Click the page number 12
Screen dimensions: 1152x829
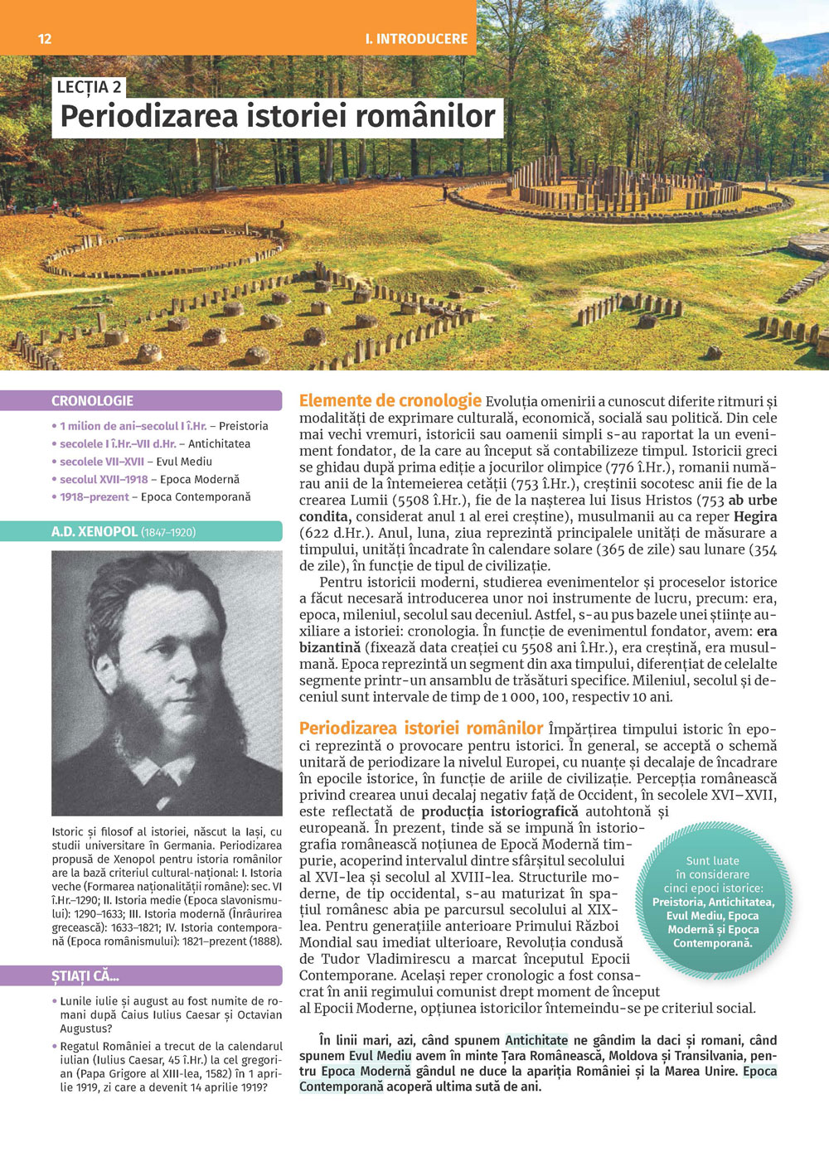pyautogui.click(x=45, y=39)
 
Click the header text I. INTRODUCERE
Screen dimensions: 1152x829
pyautogui.click(x=416, y=39)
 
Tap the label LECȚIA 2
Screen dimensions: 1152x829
pyautogui.click(x=90, y=87)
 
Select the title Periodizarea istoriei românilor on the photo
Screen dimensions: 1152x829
pyautogui.click(x=278, y=117)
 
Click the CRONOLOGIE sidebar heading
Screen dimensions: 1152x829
pyautogui.click(x=92, y=401)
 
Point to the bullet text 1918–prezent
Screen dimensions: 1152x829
pyautogui.click(x=94, y=497)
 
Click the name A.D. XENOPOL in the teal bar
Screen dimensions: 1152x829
pyautogui.click(x=95, y=532)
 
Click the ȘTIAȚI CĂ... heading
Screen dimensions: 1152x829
pyautogui.click(x=85, y=976)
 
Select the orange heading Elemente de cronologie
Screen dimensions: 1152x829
pyautogui.click(x=390, y=401)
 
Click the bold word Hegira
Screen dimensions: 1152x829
pyautogui.click(x=755, y=517)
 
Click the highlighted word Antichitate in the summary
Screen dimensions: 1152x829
pyautogui.click(x=536, y=1040)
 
